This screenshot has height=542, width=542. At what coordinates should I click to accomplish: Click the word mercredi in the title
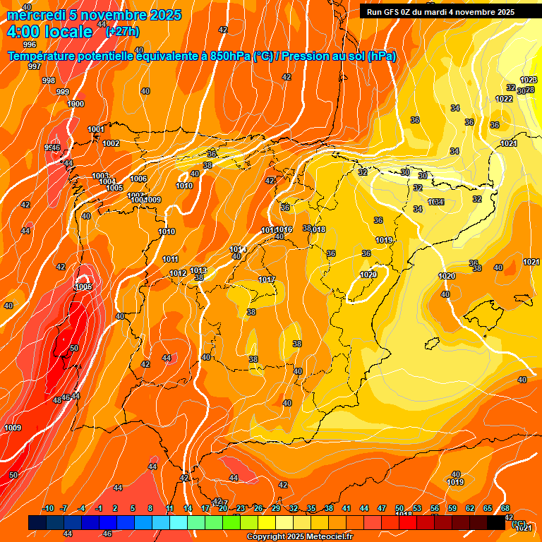pos(35,15)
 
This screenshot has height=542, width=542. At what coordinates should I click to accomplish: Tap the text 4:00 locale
pos(49,32)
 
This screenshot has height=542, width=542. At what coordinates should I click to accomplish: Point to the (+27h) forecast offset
pos(122,31)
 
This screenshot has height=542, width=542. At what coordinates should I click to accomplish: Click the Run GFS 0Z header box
pos(440,11)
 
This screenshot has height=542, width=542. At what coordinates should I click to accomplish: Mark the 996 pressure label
pos(30,44)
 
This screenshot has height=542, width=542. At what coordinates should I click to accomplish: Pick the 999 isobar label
pos(63,92)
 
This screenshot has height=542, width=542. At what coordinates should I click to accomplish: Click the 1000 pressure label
pos(76,104)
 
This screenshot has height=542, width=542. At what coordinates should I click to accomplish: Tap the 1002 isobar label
pos(111,143)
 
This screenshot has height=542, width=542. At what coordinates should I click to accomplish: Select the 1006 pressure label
pos(138,179)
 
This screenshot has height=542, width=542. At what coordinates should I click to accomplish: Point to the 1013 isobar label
pos(198,270)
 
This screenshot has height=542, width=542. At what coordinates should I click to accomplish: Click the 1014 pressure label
pos(237,249)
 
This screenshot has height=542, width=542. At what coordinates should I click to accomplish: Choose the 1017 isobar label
pos(266,280)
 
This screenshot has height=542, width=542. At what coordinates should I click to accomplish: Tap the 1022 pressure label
pos(504,100)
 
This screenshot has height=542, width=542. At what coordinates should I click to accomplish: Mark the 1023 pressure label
pos(529,80)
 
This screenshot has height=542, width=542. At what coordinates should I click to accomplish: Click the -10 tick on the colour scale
pos(48,509)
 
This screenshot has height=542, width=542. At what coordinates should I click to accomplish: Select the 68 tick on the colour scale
pos(505,509)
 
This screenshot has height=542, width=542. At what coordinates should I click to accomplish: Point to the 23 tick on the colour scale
pos(241,509)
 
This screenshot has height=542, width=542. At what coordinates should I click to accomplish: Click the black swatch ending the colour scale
pos(495,522)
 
